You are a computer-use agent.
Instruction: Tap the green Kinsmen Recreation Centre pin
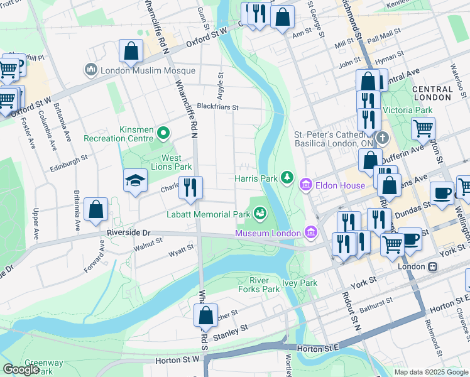163,133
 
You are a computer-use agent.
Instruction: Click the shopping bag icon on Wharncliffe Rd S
205,317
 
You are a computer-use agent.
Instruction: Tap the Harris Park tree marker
287,178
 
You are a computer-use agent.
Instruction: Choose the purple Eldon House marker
306,185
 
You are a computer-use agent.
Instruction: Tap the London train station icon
433,266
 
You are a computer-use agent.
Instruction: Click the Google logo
21,369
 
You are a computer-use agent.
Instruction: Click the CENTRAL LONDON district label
432,94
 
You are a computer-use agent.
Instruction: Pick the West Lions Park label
168,163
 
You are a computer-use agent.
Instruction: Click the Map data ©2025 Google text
430,372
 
